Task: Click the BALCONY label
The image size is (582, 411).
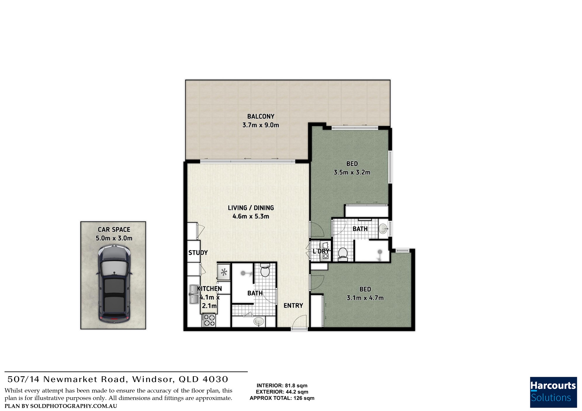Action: click(261, 116)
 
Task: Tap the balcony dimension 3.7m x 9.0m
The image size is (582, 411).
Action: click(261, 125)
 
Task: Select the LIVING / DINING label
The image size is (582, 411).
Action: click(251, 208)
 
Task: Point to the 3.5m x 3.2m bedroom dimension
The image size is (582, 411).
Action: click(352, 173)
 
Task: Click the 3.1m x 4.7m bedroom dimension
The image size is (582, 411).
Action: click(365, 298)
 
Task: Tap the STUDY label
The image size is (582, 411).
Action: click(198, 253)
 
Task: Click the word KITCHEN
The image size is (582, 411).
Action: click(209, 289)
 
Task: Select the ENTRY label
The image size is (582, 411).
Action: click(293, 306)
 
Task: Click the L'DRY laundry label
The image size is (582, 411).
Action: click(321, 251)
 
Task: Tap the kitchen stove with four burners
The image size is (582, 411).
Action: click(209, 320)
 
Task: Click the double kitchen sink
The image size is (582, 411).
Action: click(194, 294)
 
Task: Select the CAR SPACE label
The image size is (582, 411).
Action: click(114, 230)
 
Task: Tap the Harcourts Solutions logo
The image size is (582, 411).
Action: click(553, 392)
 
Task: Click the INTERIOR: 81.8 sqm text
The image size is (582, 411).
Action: click(282, 386)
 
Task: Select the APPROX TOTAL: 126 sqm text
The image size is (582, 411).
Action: click(282, 398)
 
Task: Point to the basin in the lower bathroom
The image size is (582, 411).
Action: click(258, 322)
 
